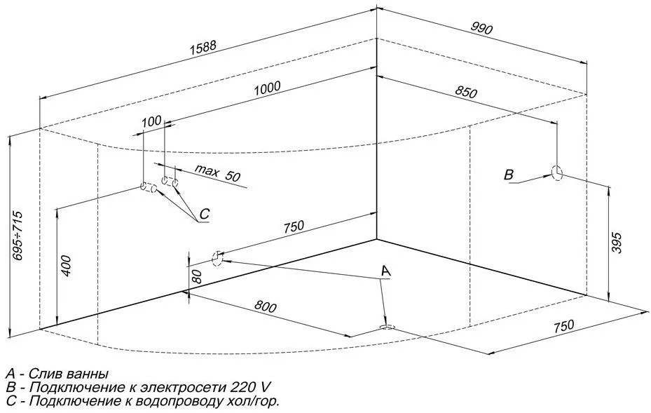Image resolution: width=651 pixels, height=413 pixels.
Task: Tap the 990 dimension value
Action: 482,29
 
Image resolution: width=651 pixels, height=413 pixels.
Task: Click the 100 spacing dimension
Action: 151,121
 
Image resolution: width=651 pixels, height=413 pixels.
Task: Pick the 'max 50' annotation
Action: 217,172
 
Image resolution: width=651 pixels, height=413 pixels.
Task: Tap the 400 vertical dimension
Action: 65,266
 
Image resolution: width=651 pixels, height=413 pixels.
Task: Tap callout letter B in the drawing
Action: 509,175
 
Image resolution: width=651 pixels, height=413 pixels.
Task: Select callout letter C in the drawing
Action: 204,213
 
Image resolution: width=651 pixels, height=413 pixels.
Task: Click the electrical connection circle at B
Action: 558,172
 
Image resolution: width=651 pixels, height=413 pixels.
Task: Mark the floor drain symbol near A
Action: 386,327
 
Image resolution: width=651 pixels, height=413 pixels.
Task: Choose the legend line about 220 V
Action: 137,387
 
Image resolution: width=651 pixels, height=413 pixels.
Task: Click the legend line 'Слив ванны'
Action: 57,373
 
